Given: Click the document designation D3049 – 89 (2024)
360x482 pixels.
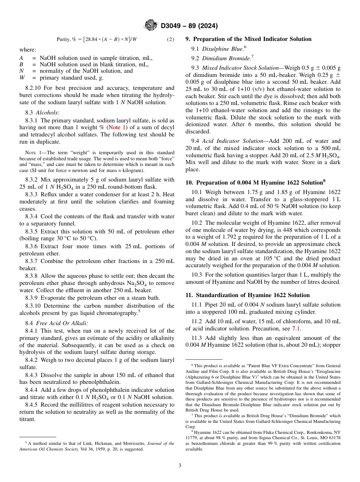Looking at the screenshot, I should pyautogui.click(x=189, y=26).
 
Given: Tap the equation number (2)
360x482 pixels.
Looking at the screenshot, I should pyautogui.click(x=171, y=39).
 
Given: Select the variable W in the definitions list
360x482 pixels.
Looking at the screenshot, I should pyautogui.click(x=22, y=78).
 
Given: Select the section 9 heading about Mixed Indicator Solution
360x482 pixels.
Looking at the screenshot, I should pyautogui.click(x=248, y=39).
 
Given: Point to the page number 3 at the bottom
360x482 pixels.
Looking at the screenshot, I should pyautogui.click(x=180, y=465).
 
